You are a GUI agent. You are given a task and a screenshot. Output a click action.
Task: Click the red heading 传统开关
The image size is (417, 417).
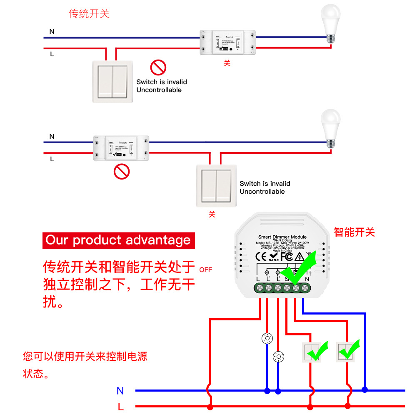coord(89,14)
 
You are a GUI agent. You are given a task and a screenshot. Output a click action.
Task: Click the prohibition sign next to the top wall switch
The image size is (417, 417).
coord(158,67)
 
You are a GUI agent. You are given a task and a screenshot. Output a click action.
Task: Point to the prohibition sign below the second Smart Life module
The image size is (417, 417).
coord(122,171)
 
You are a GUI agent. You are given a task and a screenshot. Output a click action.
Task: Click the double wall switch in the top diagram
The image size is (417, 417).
coord(113,81)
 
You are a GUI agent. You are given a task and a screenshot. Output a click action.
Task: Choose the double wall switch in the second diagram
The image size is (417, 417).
coord(216,186)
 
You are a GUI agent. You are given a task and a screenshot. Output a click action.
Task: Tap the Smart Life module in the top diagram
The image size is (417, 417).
coord(227,42)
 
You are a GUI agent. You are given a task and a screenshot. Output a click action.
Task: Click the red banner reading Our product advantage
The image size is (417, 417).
coord(118,240)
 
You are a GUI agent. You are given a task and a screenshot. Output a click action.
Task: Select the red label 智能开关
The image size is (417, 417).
coord(354,232)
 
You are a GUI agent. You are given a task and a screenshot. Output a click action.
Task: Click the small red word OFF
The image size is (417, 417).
coord(206,270)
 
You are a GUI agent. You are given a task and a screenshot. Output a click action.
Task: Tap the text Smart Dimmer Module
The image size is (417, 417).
coord(282,237)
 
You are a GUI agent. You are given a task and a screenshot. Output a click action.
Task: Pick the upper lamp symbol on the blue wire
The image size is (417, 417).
coord(267,338)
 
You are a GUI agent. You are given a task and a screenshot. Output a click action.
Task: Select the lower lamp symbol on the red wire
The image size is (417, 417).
coord(278,357)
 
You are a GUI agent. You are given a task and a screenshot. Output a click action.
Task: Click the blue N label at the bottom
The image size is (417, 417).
coord(120,391)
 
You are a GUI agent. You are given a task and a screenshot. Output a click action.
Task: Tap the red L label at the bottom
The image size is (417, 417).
coord(121,407)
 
